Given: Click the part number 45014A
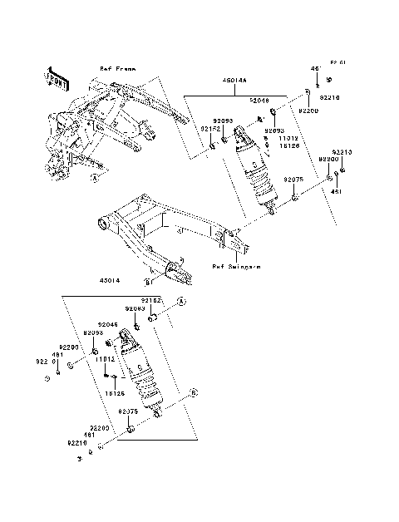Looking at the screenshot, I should (x=234, y=81).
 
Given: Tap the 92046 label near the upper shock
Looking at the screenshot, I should (x=260, y=100).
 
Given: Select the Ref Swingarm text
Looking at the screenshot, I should (x=235, y=267).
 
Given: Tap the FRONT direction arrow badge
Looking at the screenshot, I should (x=55, y=76).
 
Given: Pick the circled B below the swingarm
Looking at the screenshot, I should (x=146, y=283).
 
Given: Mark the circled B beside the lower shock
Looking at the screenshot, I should (x=194, y=390).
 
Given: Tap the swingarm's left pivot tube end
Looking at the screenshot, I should (x=103, y=223).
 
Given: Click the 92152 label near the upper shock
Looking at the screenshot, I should (x=209, y=129).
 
